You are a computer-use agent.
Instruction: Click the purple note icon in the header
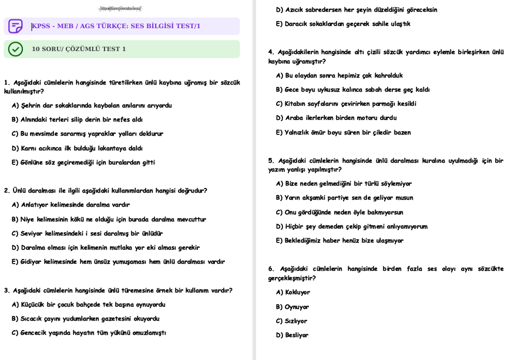(x=16, y=26)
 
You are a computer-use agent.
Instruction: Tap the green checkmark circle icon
(x=16, y=49)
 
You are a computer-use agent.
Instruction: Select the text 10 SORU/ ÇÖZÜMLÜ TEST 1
(x=79, y=49)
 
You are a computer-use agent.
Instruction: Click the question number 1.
(x=6, y=82)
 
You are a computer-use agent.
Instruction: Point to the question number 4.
(x=270, y=52)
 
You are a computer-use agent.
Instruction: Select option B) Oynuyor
(x=292, y=307)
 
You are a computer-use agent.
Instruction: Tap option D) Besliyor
(x=292, y=335)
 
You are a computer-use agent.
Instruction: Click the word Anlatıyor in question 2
(x=36, y=205)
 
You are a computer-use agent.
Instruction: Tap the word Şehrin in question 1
(x=31, y=106)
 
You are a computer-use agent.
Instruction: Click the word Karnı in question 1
(x=29, y=148)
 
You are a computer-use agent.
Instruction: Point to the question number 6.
(x=270, y=269)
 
